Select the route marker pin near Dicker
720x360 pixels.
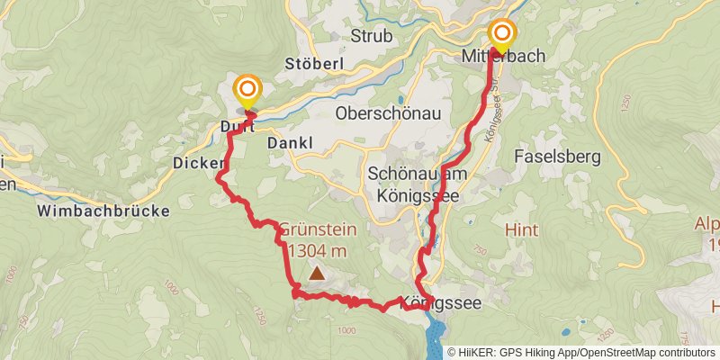tap(247, 92)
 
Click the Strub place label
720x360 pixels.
tap(372, 37)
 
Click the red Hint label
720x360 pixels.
tap(521, 229)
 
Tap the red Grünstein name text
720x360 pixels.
tap(318, 229)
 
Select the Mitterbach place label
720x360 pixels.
tap(503, 56)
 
